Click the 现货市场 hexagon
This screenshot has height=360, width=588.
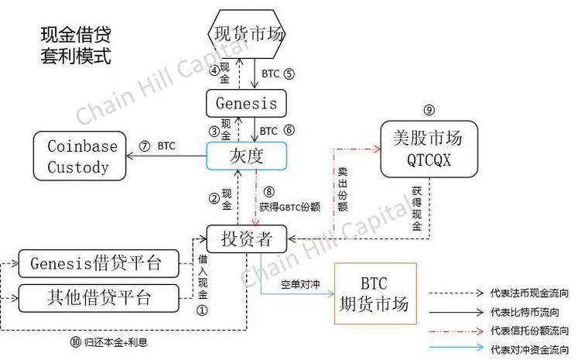pyautogui.click(x=246, y=34)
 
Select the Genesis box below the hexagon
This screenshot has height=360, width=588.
pyautogui.click(x=246, y=103)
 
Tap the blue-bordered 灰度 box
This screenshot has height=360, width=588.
pyautogui.click(x=247, y=156)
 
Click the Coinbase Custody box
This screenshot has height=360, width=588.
pyautogui.click(x=80, y=156)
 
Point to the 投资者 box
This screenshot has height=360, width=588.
pyautogui.click(x=247, y=238)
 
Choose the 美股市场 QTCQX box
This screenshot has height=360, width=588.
pyautogui.click(x=429, y=149)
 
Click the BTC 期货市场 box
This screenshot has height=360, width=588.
pyautogui.click(x=375, y=293)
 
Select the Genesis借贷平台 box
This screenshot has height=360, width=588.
pyautogui.click(x=98, y=263)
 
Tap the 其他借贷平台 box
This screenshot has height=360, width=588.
pyautogui.click(x=98, y=298)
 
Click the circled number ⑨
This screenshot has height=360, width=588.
pyautogui.click(x=429, y=110)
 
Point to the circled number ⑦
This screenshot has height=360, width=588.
pyautogui.click(x=145, y=146)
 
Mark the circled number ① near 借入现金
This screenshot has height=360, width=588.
pyautogui.click(x=202, y=310)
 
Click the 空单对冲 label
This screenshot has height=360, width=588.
pyautogui.click(x=300, y=285)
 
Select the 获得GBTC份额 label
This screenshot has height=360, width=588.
pyautogui.click(x=289, y=207)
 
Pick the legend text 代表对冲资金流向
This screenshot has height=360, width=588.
pyautogui.click(x=529, y=349)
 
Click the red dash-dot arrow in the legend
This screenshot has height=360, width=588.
pyautogui.click(x=456, y=331)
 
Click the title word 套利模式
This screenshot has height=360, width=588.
pyautogui.click(x=76, y=56)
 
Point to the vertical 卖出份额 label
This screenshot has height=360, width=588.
pyautogui.click(x=343, y=189)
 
